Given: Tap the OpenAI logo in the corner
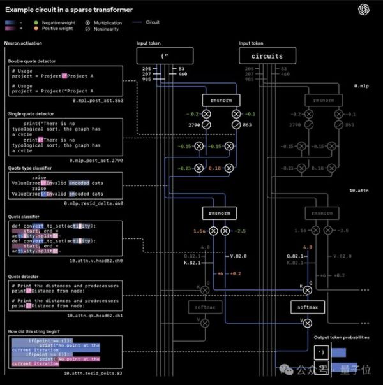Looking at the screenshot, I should click(x=364, y=8).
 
